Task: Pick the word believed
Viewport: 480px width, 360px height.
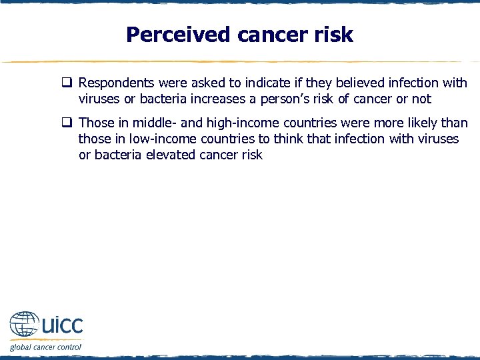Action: [x=362, y=83]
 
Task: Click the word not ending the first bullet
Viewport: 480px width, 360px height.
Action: [x=421, y=99]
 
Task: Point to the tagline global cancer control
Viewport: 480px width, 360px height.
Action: [x=45, y=347]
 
